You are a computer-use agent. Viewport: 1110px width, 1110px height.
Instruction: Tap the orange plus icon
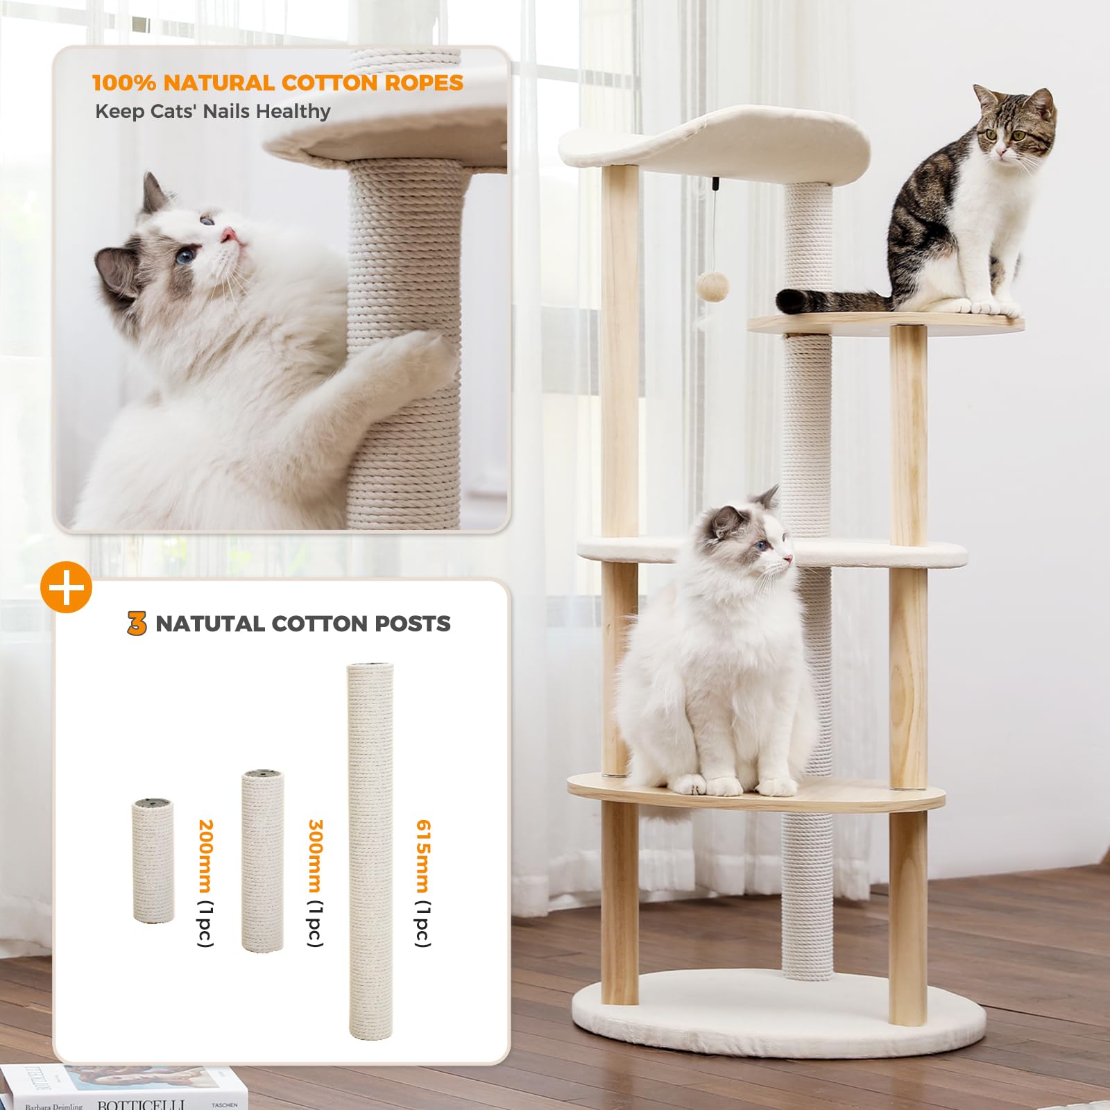(66, 588)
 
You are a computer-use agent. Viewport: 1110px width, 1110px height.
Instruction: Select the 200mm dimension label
(205, 856)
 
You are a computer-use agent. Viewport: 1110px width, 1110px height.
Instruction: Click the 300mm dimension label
(315, 856)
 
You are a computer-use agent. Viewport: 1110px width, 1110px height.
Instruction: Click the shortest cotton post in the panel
(153, 861)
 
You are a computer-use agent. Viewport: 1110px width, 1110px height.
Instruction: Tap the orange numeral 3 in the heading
(137, 624)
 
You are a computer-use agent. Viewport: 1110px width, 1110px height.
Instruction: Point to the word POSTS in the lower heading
(413, 624)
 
